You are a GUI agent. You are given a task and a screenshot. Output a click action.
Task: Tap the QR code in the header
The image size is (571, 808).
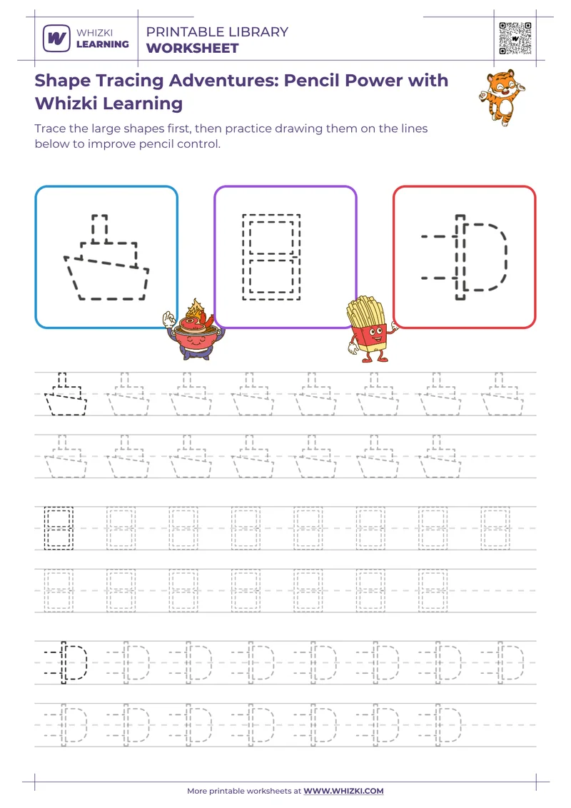coord(515,38)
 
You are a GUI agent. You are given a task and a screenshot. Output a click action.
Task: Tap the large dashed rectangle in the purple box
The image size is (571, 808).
coord(271,256)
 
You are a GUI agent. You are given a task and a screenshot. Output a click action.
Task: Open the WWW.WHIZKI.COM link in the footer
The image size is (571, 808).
coord(343,791)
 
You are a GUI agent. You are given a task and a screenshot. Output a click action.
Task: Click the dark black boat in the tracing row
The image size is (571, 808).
coord(65,394)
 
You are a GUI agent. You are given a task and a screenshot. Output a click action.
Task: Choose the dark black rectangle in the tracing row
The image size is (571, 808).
coord(59,528)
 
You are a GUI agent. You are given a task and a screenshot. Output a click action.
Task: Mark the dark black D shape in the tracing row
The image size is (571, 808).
coord(68,662)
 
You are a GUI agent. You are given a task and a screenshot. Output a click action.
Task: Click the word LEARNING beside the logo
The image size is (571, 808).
coord(103,44)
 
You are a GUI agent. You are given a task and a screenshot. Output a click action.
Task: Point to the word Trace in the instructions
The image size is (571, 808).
coord(50,129)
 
